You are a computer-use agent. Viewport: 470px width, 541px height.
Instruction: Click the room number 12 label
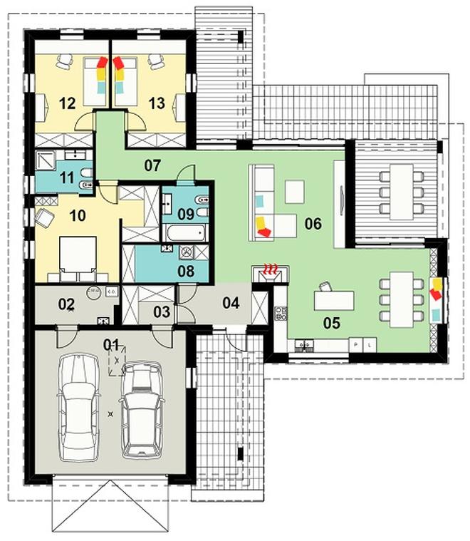tap(67, 104)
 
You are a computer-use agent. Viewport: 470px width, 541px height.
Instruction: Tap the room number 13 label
tap(157, 104)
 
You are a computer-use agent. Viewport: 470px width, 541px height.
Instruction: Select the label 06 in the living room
tap(313, 225)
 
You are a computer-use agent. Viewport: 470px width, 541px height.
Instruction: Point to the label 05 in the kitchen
tap(331, 323)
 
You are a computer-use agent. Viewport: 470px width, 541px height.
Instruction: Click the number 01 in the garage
tap(111, 345)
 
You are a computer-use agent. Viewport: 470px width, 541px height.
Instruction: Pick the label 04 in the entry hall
tap(231, 302)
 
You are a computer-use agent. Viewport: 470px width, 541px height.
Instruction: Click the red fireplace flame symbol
tap(270, 269)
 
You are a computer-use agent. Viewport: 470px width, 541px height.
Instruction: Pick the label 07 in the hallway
tap(152, 166)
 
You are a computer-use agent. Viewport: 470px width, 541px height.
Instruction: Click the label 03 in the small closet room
tap(162, 311)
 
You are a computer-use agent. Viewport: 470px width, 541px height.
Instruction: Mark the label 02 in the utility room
tap(66, 304)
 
